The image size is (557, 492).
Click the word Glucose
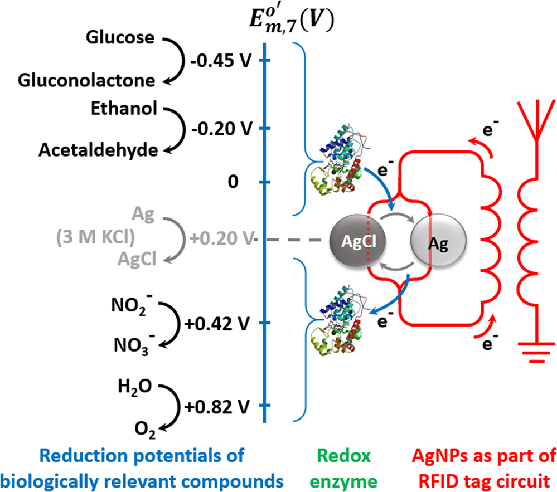(120, 38)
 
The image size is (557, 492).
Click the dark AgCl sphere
(357, 240)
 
